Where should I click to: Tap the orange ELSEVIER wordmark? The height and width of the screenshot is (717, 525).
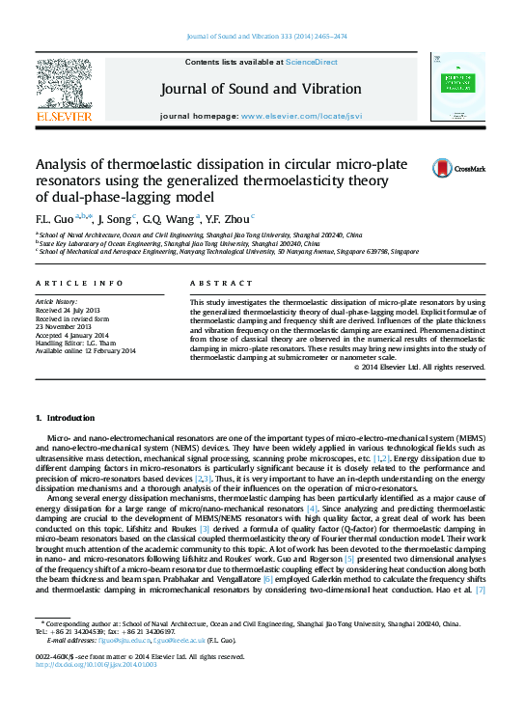64,116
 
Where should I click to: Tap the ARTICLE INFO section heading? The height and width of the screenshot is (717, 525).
79,283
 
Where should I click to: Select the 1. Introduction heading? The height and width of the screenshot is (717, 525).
66,418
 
